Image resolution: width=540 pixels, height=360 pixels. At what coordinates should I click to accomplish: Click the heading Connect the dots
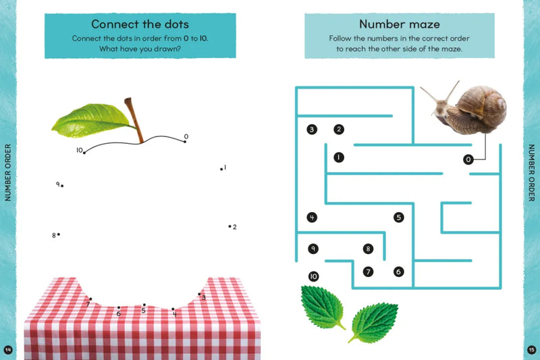coord(140,24)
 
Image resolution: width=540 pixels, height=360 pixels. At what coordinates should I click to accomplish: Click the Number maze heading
coord(400,24)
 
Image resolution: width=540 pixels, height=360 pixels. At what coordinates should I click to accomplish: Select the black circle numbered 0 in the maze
coord(468,159)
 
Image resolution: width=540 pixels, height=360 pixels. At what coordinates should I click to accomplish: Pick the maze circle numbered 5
coord(398,217)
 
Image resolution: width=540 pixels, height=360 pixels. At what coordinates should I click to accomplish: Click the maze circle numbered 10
coord(313,276)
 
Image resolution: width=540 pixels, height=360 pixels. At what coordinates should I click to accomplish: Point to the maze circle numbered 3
coord(312,130)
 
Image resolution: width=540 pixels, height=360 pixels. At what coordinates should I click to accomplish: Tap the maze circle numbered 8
coord(368,249)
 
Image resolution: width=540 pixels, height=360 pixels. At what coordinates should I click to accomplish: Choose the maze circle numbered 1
coord(339,157)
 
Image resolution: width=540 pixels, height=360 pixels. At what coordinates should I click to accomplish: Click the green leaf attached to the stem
coord(91,121)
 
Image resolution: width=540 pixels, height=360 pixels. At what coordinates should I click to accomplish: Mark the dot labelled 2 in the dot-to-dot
coord(230,226)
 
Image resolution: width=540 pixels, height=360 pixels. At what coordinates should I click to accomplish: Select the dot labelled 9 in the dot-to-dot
coord(62,186)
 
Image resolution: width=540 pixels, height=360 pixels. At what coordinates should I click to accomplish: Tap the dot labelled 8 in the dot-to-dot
coord(59,234)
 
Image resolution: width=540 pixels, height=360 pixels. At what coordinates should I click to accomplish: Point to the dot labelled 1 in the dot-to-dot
coord(221,169)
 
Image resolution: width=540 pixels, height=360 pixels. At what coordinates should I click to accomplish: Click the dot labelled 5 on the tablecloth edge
coord(144,305)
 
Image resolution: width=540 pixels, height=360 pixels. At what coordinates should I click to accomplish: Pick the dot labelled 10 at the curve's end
coord(84,153)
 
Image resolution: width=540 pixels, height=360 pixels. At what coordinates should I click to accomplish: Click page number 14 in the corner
coord(8,350)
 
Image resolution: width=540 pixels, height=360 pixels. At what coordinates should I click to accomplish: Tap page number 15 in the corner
coord(531,350)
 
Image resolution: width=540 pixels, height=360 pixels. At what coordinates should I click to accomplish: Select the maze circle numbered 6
coord(398,272)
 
